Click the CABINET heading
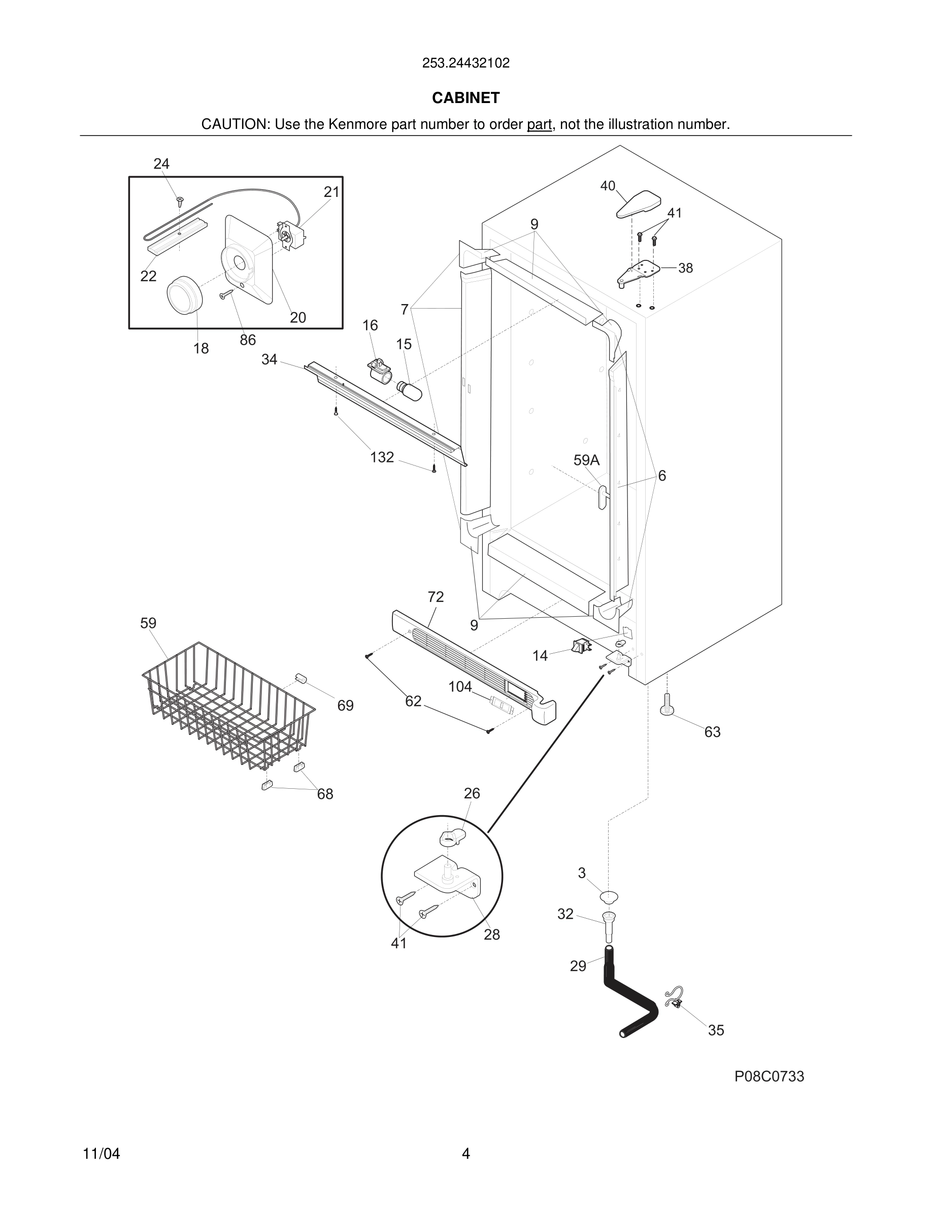tap(465, 98)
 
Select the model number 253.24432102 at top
tap(465, 63)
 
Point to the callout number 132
tap(382, 457)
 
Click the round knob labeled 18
tap(184, 295)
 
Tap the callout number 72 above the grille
tap(435, 597)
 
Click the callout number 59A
tap(586, 460)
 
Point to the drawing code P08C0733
tap(769, 1076)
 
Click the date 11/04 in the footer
tap(101, 1154)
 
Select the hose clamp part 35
tap(675, 998)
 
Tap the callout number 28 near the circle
tap(491, 934)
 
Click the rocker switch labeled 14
tap(580, 645)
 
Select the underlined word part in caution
tap(539, 125)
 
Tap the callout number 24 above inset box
tap(161, 163)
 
